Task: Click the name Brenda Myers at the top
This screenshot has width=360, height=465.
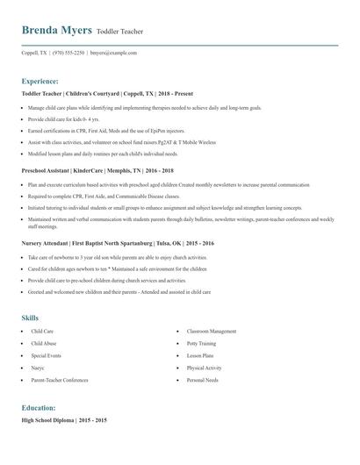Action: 57,30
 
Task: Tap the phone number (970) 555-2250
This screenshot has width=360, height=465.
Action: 69,53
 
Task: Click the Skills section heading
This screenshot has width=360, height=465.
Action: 31,317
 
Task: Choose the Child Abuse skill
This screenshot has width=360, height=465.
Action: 44,344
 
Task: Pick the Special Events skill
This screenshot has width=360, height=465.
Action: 47,356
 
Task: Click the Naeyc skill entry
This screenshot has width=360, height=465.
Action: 39,368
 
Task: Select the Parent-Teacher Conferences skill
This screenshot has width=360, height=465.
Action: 60,381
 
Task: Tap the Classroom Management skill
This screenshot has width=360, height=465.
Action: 212,332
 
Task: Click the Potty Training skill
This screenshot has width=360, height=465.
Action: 201,344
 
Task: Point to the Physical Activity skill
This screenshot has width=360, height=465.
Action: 204,368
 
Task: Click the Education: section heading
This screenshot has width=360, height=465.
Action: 39,408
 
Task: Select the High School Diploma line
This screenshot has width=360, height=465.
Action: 64,421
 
